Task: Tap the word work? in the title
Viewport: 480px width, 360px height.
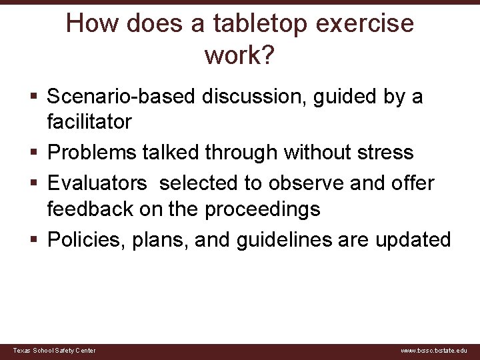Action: coord(239,56)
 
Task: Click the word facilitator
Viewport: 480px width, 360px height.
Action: coord(89,122)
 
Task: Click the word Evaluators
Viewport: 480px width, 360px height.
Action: coord(100,183)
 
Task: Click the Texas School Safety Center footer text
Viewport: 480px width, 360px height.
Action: coord(55,351)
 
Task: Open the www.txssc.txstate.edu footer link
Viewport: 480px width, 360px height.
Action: coord(434,351)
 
